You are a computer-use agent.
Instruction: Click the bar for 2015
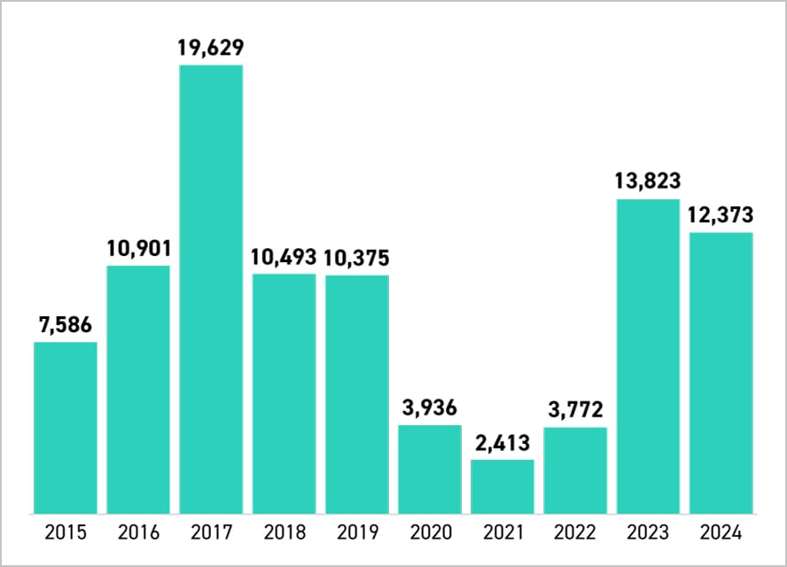(x=66, y=427)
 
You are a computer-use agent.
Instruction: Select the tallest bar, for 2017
(x=211, y=289)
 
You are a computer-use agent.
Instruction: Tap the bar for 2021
(x=503, y=485)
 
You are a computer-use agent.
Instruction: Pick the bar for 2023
(x=648, y=356)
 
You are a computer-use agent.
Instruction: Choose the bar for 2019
(x=356, y=394)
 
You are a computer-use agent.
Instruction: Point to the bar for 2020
(x=430, y=469)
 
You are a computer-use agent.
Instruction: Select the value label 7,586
(x=66, y=325)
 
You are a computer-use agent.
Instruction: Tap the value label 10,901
(x=138, y=249)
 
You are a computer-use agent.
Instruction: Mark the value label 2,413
(x=503, y=443)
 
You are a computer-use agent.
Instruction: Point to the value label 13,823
(x=648, y=182)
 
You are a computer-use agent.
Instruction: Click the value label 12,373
(x=721, y=215)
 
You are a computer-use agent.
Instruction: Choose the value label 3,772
(x=575, y=410)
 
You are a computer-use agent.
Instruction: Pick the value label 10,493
(x=284, y=257)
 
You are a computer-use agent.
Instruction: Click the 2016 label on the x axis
(x=138, y=532)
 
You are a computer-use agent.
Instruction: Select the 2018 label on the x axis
(x=284, y=532)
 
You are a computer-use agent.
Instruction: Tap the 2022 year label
(x=575, y=532)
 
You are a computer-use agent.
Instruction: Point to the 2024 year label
(x=721, y=532)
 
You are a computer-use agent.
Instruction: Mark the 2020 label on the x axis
(x=430, y=532)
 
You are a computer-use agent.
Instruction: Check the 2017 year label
(x=211, y=532)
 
